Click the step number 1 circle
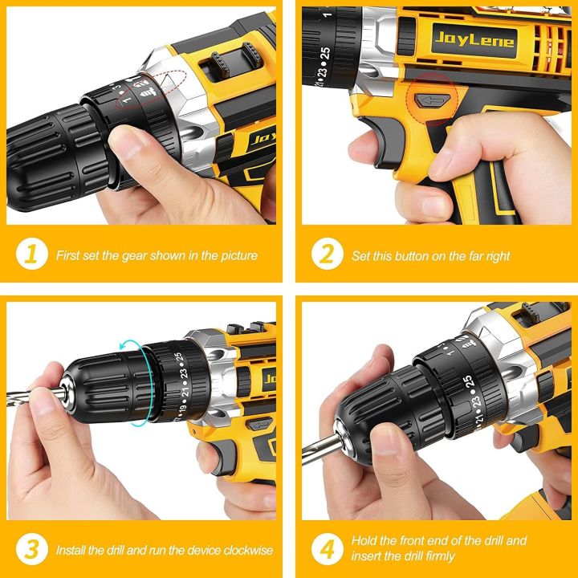(x=31, y=255)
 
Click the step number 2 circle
(x=327, y=255)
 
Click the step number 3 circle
(x=31, y=551)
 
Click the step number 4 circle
(x=327, y=551)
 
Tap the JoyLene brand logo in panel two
(x=463, y=40)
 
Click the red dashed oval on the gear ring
(x=149, y=89)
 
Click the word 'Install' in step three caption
(x=70, y=552)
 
